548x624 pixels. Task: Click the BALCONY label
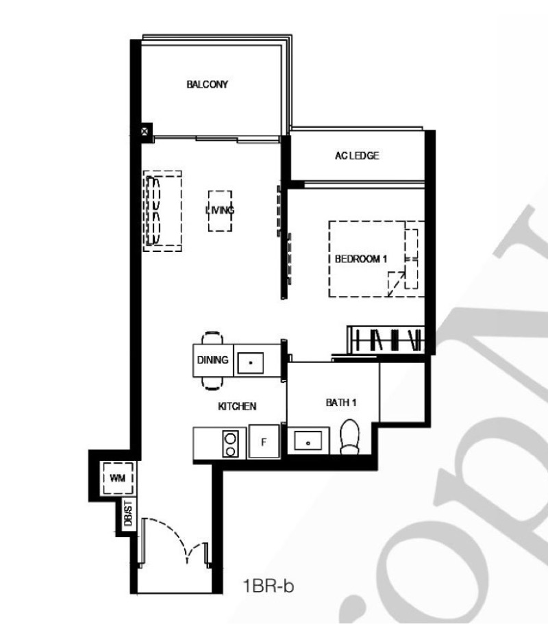point(207,84)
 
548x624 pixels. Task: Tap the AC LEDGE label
point(357,155)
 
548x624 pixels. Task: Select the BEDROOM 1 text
point(360,259)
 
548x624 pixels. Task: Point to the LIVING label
point(220,210)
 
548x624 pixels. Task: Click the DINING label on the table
point(213,360)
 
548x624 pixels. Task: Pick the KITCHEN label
point(237,406)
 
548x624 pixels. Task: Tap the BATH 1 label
point(341,403)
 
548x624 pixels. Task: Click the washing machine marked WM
point(117,478)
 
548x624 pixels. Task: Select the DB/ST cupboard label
point(128,513)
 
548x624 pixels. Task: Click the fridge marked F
point(264,441)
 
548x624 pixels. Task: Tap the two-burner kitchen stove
point(230,444)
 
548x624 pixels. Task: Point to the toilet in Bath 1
point(350,436)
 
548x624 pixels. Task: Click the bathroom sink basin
point(308,441)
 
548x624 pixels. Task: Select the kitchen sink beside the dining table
point(250,362)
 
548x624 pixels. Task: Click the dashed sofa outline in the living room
point(162,211)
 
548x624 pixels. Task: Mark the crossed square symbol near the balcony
point(145,131)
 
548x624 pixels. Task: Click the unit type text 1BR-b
point(269,586)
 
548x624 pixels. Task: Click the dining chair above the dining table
point(212,338)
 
